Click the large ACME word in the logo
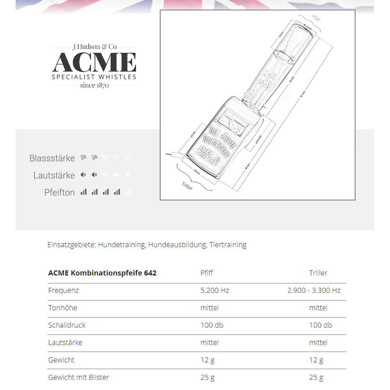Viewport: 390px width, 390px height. (x=94, y=62)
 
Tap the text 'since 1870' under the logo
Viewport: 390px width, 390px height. (x=94, y=85)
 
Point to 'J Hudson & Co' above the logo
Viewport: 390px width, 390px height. (x=94, y=47)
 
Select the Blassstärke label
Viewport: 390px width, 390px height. (x=52, y=158)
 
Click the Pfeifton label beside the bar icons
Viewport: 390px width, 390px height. (x=59, y=192)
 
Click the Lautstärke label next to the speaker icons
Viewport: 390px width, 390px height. (x=54, y=175)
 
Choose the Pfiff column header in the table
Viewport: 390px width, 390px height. (x=207, y=273)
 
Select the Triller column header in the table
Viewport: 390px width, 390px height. (x=318, y=273)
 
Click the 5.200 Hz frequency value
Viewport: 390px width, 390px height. (x=215, y=291)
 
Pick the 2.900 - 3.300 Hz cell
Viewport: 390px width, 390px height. (x=314, y=291)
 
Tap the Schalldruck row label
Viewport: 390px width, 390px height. (x=67, y=325)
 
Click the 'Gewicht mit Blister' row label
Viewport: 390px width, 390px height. (x=78, y=378)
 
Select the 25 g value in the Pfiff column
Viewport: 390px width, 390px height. (x=207, y=378)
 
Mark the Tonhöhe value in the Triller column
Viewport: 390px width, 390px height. (x=318, y=308)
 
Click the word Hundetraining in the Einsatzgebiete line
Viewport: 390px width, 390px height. (x=122, y=245)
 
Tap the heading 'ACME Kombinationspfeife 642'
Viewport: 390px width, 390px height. (x=102, y=273)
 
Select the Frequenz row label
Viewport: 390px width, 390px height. (x=63, y=291)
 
